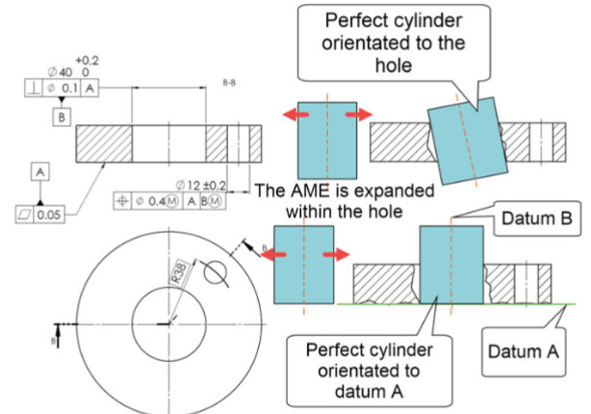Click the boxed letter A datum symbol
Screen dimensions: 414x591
(40, 170)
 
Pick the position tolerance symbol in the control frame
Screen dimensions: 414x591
(125, 201)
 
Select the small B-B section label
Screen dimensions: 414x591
(230, 84)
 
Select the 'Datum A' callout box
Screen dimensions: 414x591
(524, 351)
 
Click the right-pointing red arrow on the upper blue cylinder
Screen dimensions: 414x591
(356, 115)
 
